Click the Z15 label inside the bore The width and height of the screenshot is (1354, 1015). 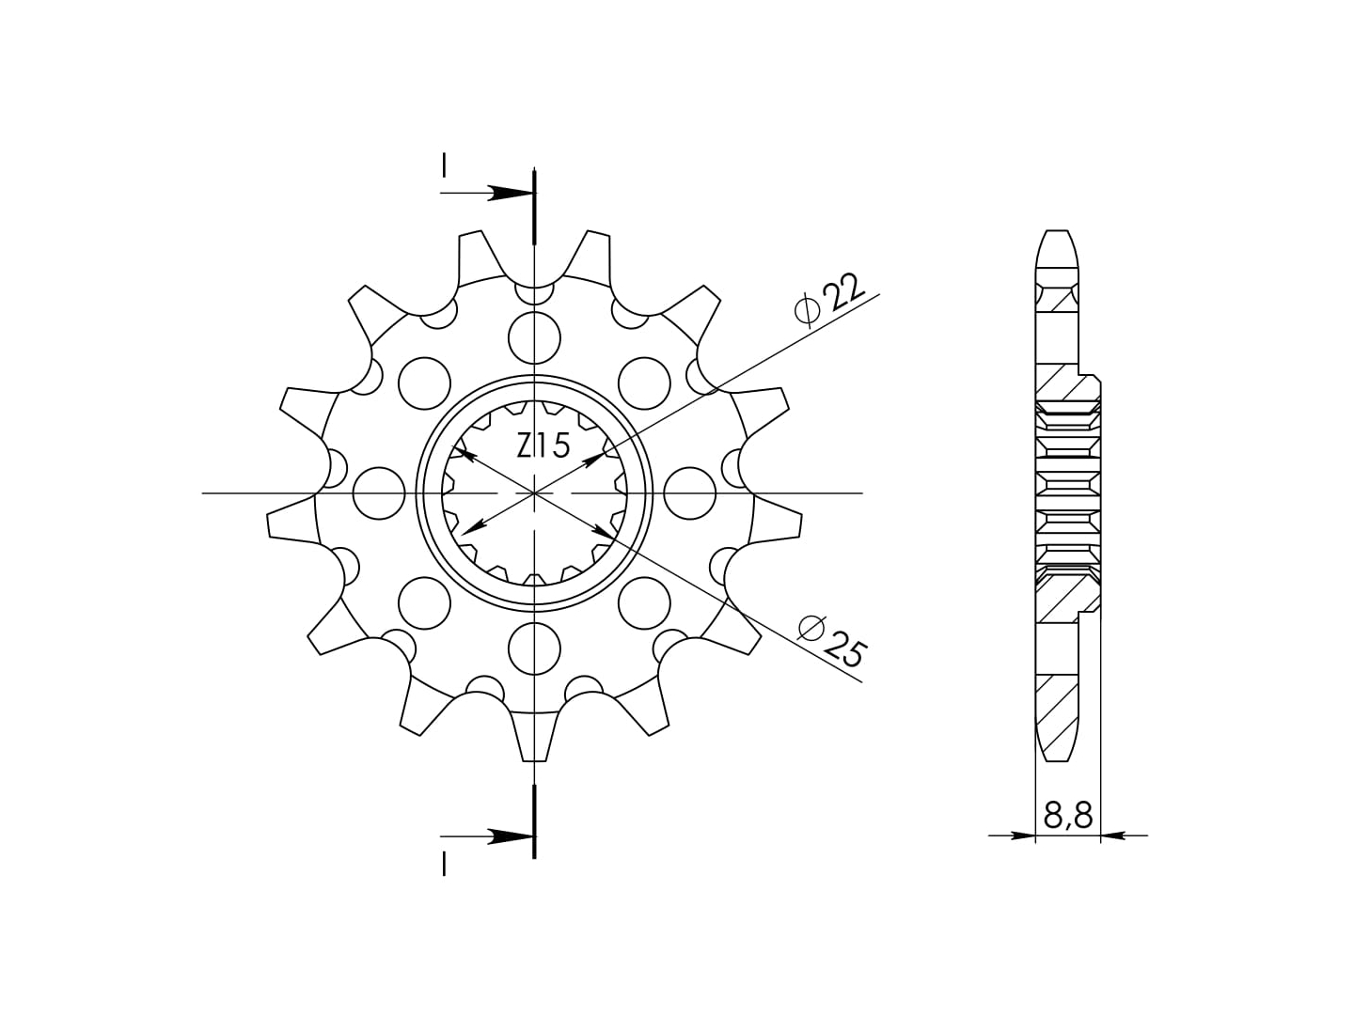pos(543,446)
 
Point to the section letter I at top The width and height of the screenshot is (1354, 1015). pos(444,165)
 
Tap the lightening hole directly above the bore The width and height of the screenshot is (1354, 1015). pos(534,338)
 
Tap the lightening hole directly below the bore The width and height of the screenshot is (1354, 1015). pos(534,648)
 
